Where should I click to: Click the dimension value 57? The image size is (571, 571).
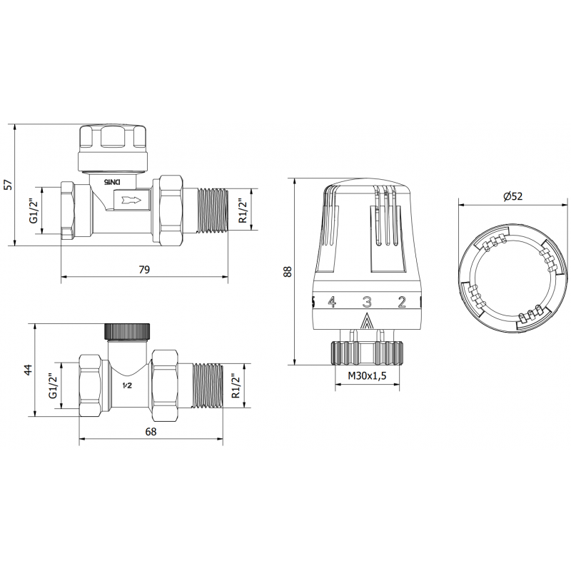click(8, 183)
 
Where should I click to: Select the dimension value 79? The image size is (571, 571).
click(143, 269)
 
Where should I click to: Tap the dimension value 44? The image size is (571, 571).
click(28, 369)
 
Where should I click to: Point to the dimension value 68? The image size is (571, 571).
click(151, 431)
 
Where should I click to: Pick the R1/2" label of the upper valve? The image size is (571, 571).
click(243, 211)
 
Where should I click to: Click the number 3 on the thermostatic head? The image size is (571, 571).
click(367, 302)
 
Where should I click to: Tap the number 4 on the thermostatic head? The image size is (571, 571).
click(331, 302)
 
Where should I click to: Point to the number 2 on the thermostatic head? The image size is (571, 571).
click(402, 302)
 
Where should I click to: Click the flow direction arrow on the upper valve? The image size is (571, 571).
click(133, 201)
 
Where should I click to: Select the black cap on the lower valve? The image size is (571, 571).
click(128, 330)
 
